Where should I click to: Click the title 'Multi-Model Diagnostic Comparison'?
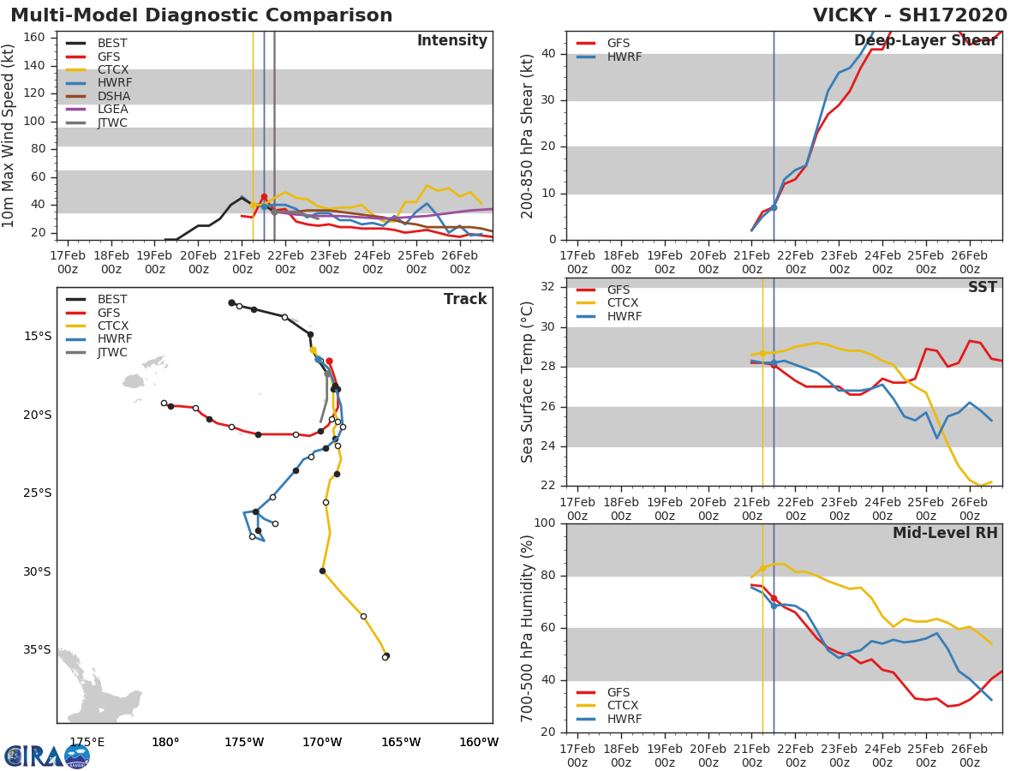[x=201, y=15]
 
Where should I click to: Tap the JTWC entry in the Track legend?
[x=112, y=352]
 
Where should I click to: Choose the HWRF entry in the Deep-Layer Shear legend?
[x=624, y=57]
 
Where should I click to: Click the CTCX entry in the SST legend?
[x=624, y=302]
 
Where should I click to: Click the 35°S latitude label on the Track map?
[x=38, y=649]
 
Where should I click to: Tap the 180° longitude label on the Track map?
[x=165, y=742]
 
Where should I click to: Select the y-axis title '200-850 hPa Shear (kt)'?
[x=528, y=135]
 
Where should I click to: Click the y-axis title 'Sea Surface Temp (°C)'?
[x=528, y=382]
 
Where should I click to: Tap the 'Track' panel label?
[x=464, y=299]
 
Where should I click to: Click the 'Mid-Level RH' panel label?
[x=945, y=533]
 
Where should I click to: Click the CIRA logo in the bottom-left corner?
[x=46, y=756]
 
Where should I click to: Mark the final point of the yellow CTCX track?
[x=385, y=656]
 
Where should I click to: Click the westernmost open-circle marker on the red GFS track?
[x=164, y=403]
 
